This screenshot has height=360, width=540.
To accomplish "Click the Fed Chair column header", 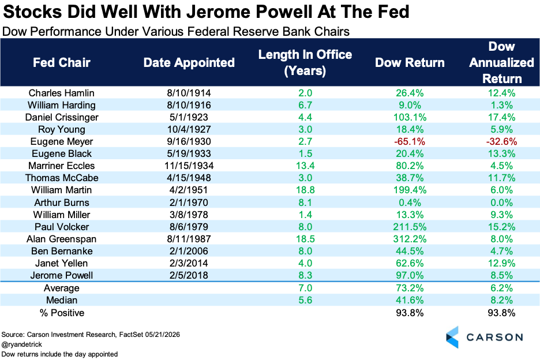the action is (x=62, y=63).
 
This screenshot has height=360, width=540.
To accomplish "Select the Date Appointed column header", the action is (x=189, y=63).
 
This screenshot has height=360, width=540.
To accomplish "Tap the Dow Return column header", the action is (x=410, y=63).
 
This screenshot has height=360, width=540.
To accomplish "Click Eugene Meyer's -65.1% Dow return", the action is (x=410, y=141).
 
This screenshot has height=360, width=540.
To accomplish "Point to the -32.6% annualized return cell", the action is (x=501, y=141).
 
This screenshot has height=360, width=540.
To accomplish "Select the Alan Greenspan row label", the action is (x=62, y=239).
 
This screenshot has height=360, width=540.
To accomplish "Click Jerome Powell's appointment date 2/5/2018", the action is (x=189, y=275).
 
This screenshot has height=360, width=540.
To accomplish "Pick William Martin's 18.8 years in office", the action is (x=305, y=190).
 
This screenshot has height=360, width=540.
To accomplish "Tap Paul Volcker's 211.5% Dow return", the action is (x=410, y=227).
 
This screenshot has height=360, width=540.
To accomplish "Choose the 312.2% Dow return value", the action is (x=410, y=239).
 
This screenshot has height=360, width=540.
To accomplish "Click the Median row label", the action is (x=62, y=300).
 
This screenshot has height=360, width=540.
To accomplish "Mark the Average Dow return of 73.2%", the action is (x=410, y=288).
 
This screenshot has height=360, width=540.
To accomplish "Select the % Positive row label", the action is (x=62, y=313).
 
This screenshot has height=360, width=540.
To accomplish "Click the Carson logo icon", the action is (x=452, y=337).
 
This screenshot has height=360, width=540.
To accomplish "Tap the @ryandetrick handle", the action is (x=22, y=344).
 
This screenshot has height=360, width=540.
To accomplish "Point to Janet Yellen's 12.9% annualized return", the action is (x=501, y=263).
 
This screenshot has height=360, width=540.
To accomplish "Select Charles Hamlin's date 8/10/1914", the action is (x=189, y=93).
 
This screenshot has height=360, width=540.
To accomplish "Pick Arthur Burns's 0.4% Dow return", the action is (x=410, y=202).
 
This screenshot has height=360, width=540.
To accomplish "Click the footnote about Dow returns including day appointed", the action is (x=59, y=354).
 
